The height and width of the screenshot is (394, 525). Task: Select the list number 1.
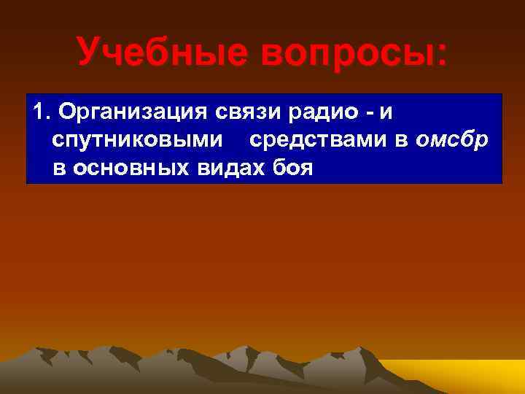tap(40, 113)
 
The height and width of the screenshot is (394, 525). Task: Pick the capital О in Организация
tap(67, 113)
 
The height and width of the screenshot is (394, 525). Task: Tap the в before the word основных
tap(58, 169)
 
